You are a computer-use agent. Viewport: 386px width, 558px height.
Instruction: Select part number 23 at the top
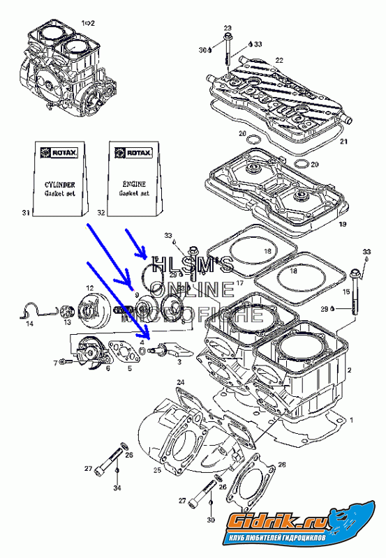coord(228,27)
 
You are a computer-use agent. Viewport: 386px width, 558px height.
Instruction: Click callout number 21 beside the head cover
coord(343,142)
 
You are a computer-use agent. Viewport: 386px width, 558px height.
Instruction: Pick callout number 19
coord(342,225)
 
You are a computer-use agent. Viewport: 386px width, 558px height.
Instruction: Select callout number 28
coord(282,464)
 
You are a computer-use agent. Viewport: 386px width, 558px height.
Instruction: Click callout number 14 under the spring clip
coord(29,324)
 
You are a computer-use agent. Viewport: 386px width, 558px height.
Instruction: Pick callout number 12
coord(89,287)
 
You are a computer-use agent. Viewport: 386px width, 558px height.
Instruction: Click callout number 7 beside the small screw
coord(54,363)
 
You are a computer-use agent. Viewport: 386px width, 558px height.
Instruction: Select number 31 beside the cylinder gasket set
coord(26,211)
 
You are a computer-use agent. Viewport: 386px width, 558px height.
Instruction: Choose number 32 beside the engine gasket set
coord(101,211)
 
